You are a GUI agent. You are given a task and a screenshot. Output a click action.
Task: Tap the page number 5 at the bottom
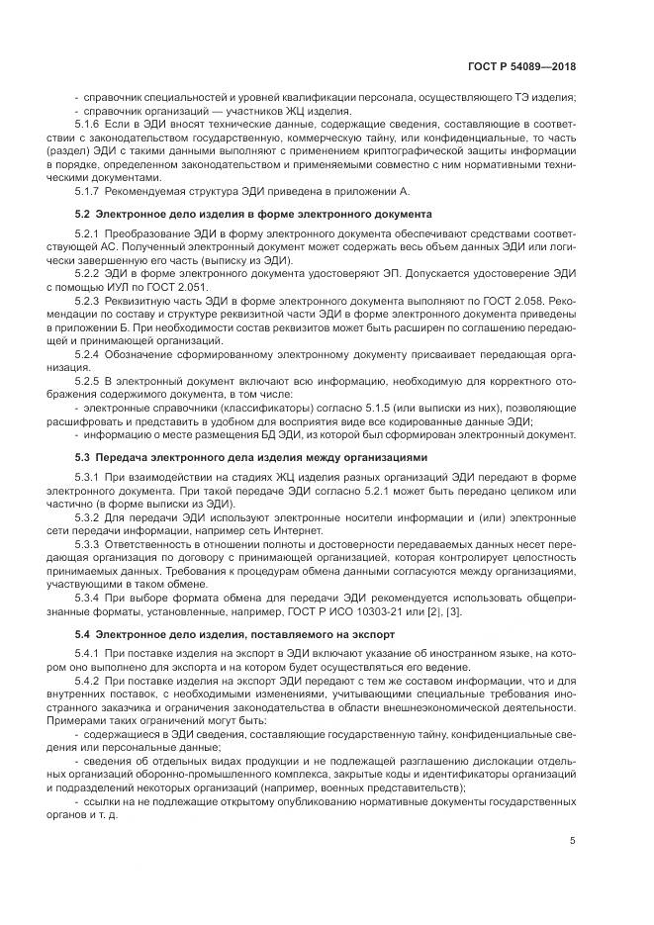coord(573,841)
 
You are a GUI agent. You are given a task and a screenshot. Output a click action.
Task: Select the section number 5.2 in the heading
coord(83,214)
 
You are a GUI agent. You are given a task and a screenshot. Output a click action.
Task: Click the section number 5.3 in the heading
coord(83,457)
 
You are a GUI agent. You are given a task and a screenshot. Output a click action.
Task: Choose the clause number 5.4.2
coord(87,682)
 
